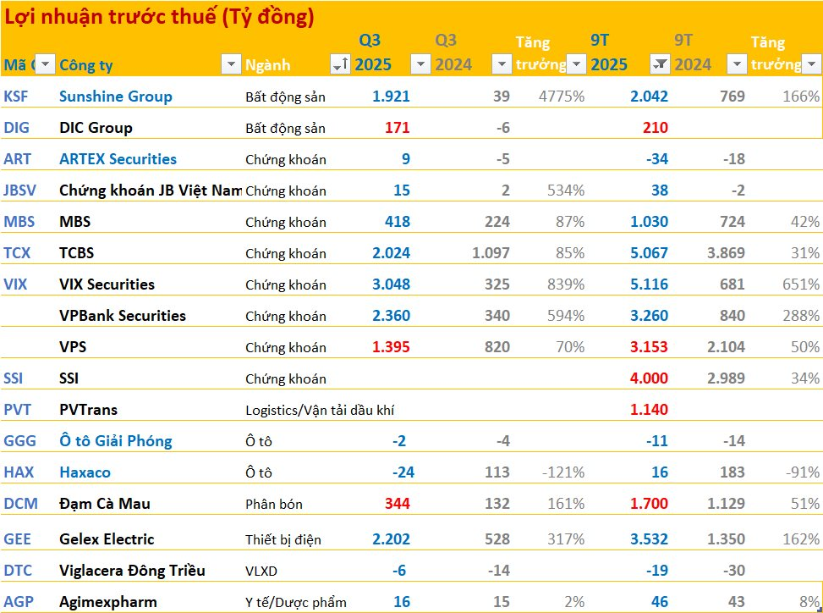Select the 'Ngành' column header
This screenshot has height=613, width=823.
[267, 65]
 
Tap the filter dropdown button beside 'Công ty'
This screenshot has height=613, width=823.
[230, 64]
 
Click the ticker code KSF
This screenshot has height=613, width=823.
[16, 97]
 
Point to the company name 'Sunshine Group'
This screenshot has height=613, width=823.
[115, 97]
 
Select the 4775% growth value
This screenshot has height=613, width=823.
[562, 97]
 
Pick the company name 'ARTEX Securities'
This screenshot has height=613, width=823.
[118, 159]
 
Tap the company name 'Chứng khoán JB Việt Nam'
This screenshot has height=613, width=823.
[150, 191]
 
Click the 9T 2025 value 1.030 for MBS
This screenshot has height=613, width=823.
[649, 222]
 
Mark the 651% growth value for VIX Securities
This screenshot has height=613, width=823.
[800, 284]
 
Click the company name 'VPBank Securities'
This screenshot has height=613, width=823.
[123, 316]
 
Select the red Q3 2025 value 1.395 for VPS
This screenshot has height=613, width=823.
[391, 347]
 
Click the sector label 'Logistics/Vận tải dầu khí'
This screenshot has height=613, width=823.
[321, 411]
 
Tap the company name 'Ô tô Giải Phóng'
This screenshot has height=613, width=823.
[115, 441]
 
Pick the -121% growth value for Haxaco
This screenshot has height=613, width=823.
[562, 472]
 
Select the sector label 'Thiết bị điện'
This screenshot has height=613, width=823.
[283, 540]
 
